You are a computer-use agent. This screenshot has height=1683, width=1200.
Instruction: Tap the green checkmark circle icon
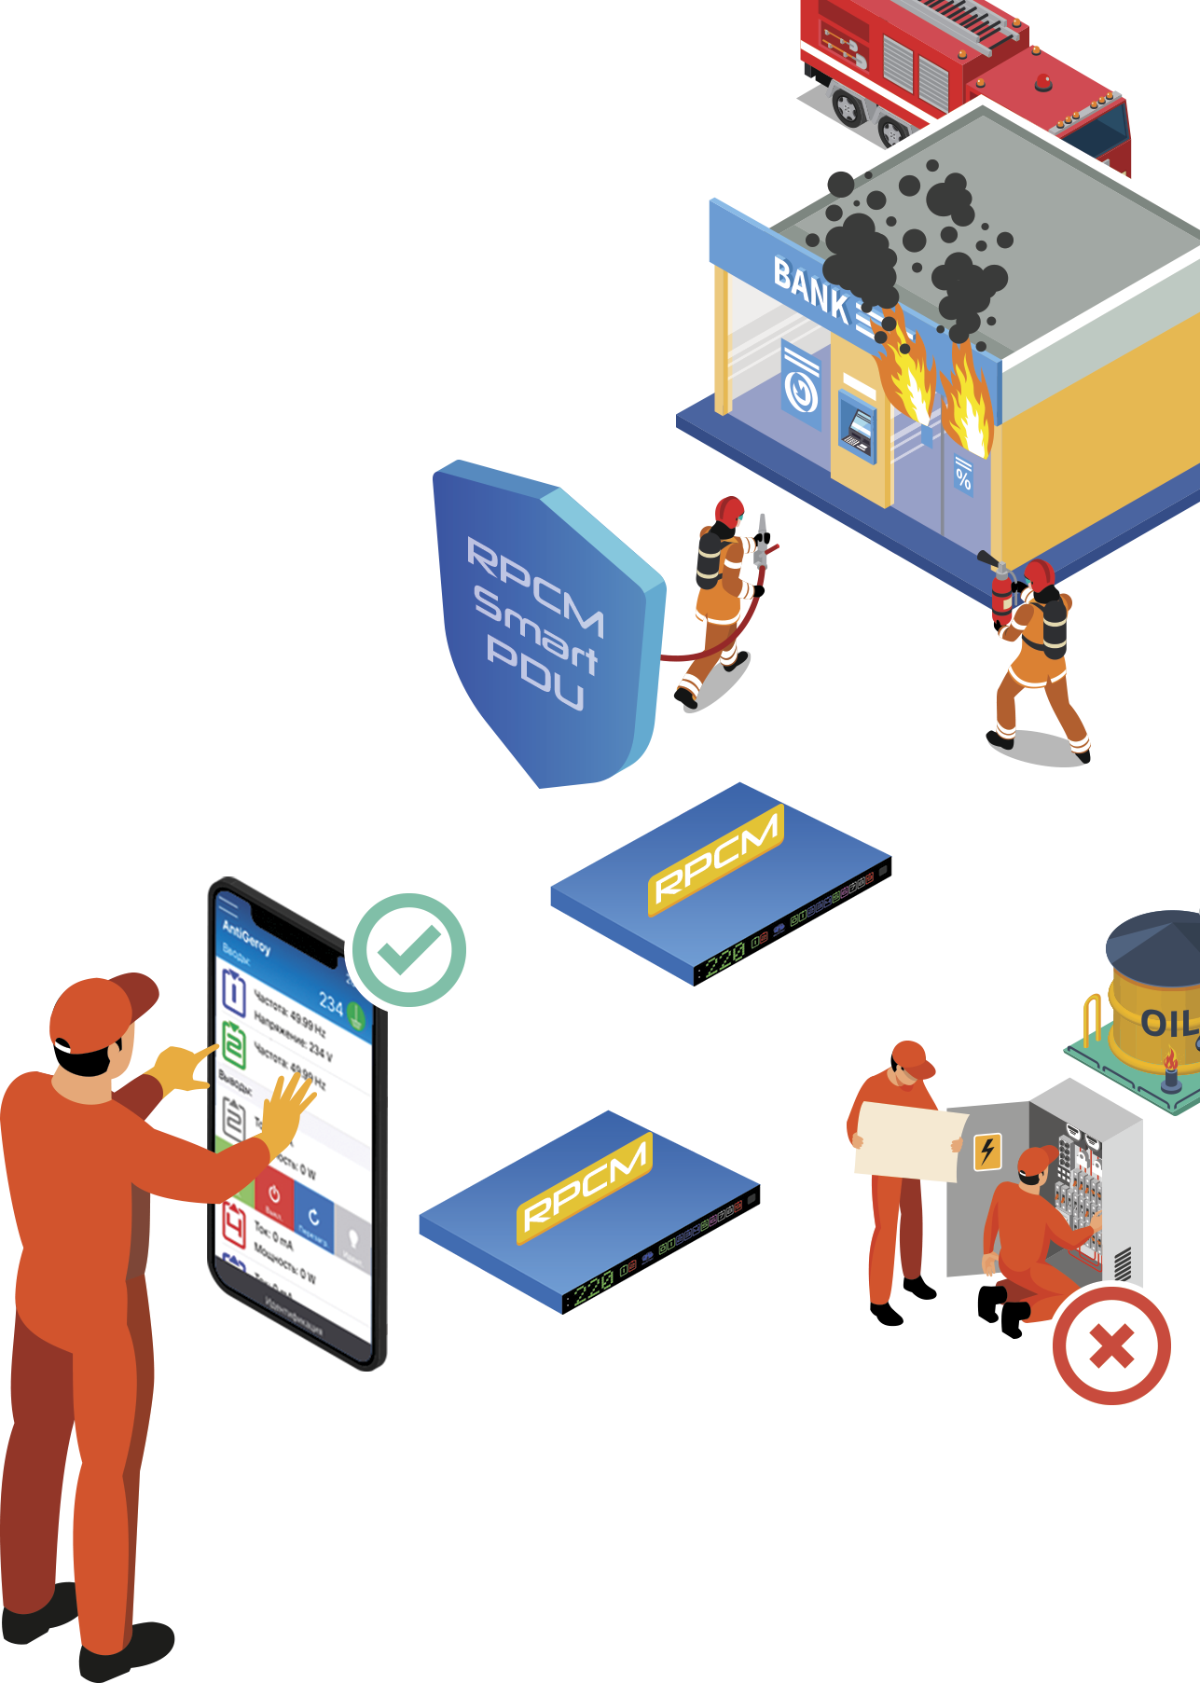coord(407,950)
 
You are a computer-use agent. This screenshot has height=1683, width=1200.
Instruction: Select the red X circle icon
coord(1111,1345)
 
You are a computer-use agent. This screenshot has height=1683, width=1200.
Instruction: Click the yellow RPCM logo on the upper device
coord(715,857)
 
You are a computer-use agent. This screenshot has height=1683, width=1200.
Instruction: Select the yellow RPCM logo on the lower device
coord(585,1186)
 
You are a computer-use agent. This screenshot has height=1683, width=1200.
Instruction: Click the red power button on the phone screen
coord(274,1197)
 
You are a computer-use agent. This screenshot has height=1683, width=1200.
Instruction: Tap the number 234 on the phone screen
coord(331,1002)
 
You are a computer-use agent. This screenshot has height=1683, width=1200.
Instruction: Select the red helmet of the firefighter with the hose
coord(729,509)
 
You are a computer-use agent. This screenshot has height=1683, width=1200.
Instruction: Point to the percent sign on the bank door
coord(963,479)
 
